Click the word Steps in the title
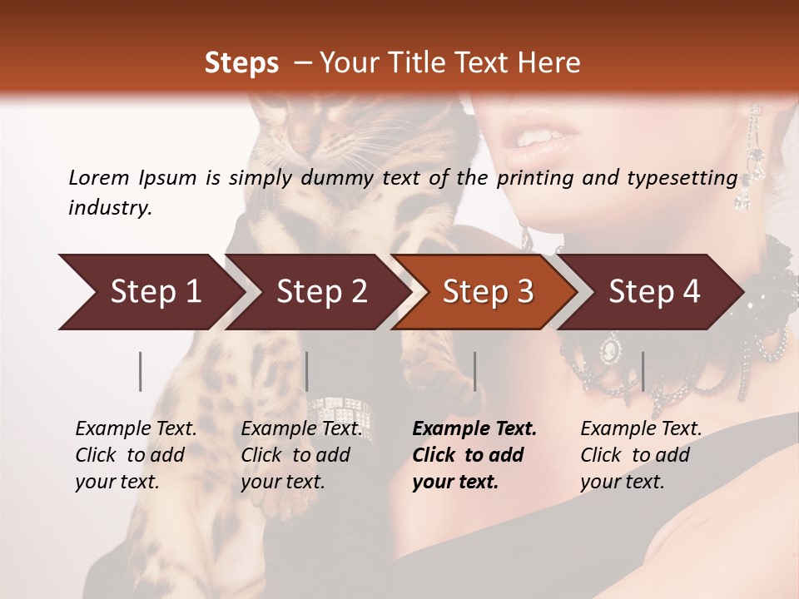[x=241, y=63]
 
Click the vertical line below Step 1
[x=141, y=371]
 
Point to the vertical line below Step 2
[x=307, y=371]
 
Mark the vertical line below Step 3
[x=474, y=371]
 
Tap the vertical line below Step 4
[x=643, y=371]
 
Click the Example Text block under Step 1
[x=136, y=455]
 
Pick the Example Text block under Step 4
[x=641, y=455]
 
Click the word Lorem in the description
[x=99, y=177]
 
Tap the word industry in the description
[x=109, y=208]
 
